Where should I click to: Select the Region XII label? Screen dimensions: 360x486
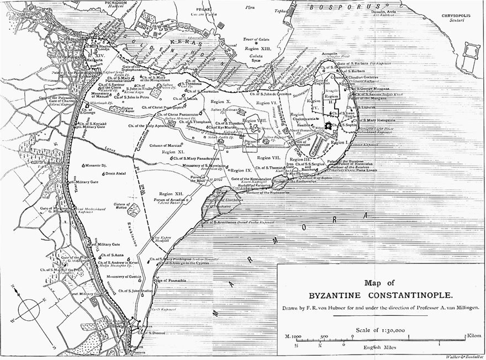click(171, 194)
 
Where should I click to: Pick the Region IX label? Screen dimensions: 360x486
click(241, 171)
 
